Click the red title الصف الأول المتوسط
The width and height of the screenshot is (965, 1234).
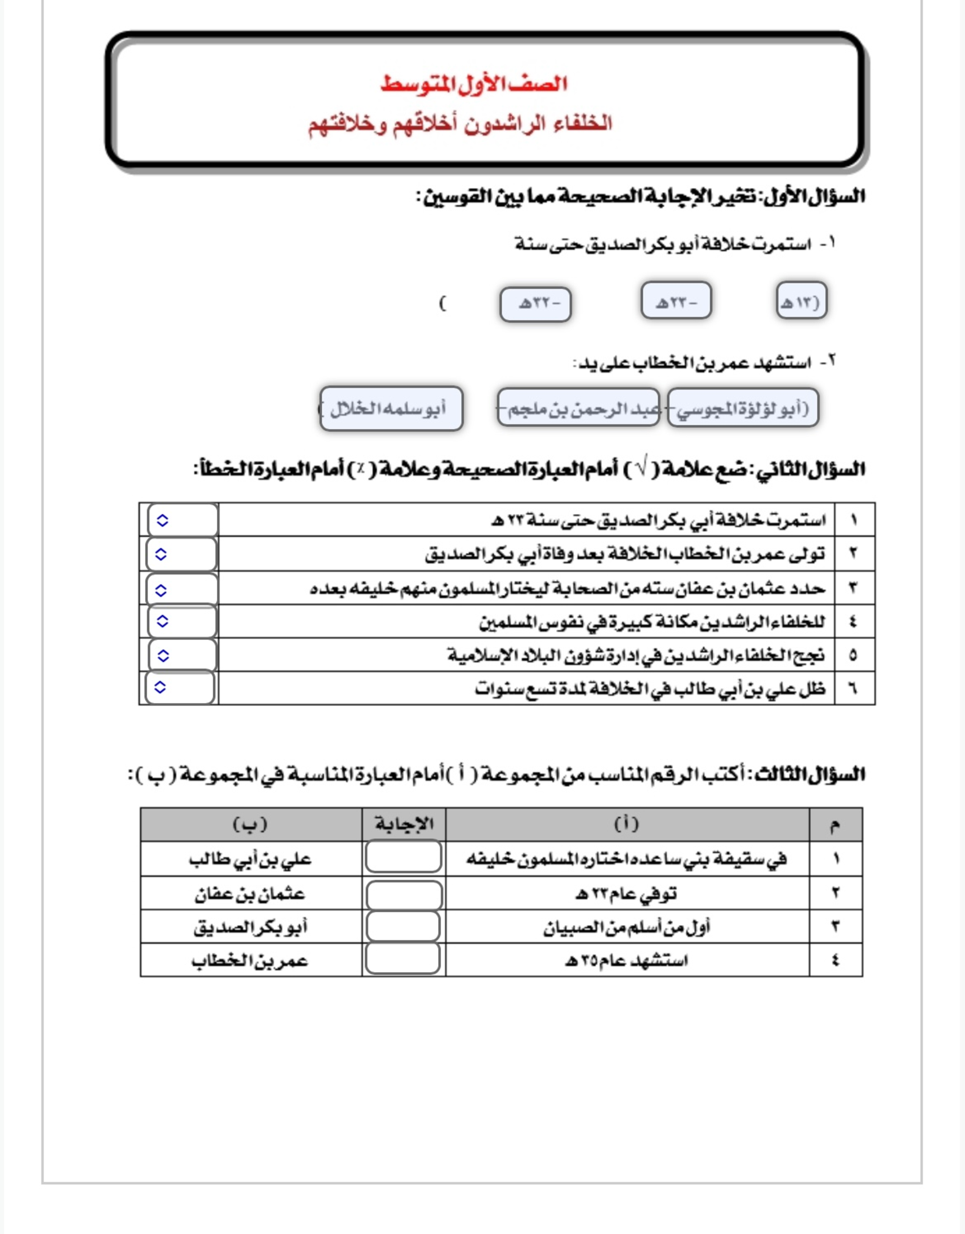473,84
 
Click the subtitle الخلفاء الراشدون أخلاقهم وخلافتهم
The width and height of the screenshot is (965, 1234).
460,124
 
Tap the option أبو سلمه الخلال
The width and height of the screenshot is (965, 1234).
391,408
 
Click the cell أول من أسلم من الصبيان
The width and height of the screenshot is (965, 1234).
626,927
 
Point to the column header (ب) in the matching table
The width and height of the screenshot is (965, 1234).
250,824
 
